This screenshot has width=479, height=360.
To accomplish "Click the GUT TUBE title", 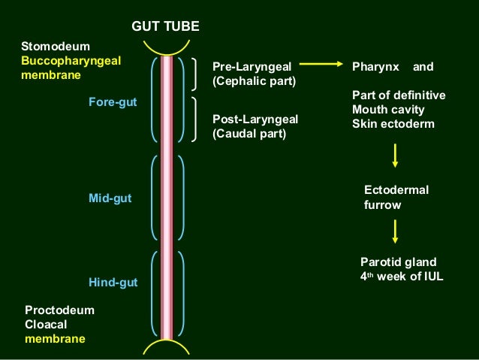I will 165,27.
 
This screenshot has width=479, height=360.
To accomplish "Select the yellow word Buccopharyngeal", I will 71,61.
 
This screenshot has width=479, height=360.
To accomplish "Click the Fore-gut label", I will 113,101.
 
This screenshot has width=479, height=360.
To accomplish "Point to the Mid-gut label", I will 110,198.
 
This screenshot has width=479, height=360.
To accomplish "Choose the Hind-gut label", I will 113,282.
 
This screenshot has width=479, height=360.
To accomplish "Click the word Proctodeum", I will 59,310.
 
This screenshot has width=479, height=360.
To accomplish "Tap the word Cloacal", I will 47,324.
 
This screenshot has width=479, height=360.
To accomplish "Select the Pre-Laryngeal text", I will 252,66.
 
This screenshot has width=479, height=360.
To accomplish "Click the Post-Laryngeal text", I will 255,119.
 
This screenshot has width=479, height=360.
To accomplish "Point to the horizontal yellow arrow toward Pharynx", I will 321,66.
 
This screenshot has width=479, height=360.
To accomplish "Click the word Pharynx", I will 375,66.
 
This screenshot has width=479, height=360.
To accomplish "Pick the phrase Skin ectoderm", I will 393,123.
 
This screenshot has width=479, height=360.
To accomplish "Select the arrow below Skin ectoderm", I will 395,155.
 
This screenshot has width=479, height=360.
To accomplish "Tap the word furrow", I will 383,204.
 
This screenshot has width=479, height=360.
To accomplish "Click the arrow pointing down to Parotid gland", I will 395,231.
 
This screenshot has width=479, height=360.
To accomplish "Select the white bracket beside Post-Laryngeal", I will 197,119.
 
